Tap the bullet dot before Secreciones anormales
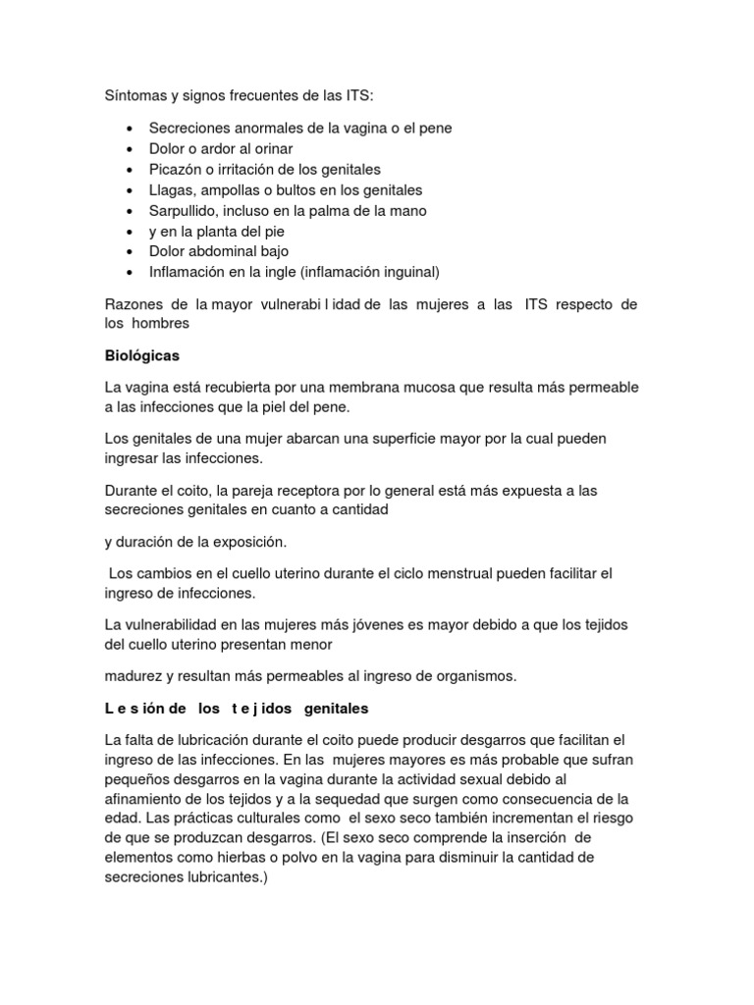pyautogui.click(x=132, y=130)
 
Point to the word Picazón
pyautogui.click(x=176, y=170)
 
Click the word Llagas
pyautogui.click(x=172, y=190)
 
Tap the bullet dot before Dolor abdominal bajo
pyautogui.click(x=132, y=252)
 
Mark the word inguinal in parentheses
pyautogui.click(x=404, y=272)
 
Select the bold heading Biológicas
pyautogui.click(x=142, y=356)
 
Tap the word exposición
pyautogui.click(x=248, y=541)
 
